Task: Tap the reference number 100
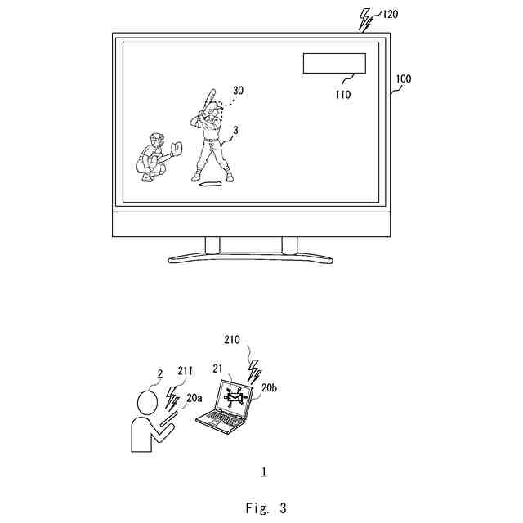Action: (x=403, y=80)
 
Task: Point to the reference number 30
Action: (x=238, y=91)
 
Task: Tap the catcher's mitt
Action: (x=176, y=148)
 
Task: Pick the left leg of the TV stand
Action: (x=212, y=245)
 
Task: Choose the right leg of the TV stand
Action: (x=288, y=245)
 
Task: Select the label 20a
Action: (x=194, y=398)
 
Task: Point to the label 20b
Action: (x=270, y=391)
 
